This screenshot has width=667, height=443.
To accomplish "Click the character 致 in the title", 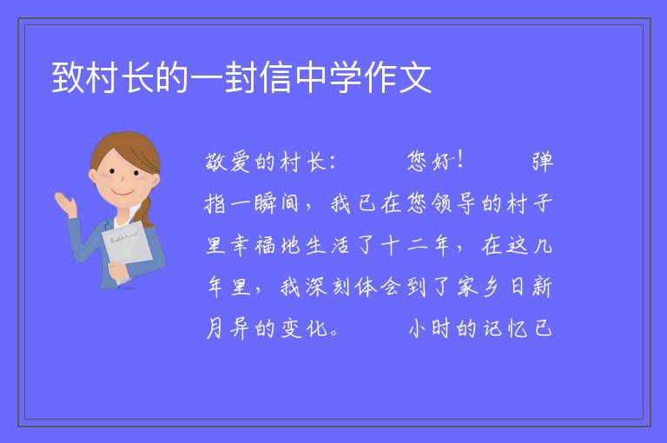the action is click(x=68, y=77).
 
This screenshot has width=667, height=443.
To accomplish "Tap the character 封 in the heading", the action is click(x=241, y=77).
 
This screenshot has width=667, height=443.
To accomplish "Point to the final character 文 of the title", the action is click(x=416, y=77).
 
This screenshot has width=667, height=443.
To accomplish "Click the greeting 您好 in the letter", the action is click(x=429, y=162).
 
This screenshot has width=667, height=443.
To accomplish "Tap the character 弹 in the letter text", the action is click(x=543, y=162).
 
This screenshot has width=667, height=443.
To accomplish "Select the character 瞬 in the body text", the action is click(x=266, y=203).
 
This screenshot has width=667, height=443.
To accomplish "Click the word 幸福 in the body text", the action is click(x=253, y=246).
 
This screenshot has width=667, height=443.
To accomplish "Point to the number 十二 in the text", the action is click(x=404, y=246).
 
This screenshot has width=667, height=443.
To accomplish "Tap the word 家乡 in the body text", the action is click(x=479, y=287).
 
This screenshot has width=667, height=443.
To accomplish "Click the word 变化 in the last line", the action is click(x=303, y=328).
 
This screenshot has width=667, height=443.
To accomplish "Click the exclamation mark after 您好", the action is click(x=459, y=161).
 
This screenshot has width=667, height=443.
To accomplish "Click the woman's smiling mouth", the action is click(x=122, y=193).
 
